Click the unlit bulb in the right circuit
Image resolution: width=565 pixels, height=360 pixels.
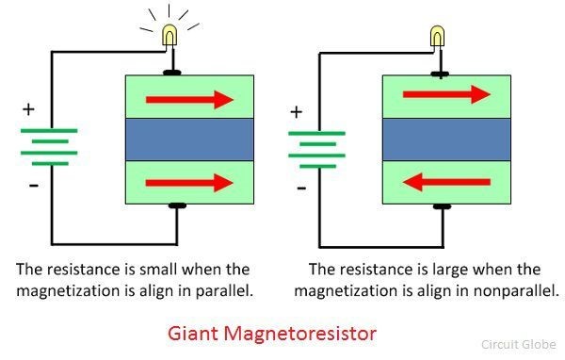(x=438, y=37)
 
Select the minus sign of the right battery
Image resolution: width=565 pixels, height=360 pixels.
(x=300, y=187)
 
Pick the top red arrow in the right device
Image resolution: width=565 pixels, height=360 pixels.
(x=446, y=94)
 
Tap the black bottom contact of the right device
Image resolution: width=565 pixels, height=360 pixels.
(x=439, y=205)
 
